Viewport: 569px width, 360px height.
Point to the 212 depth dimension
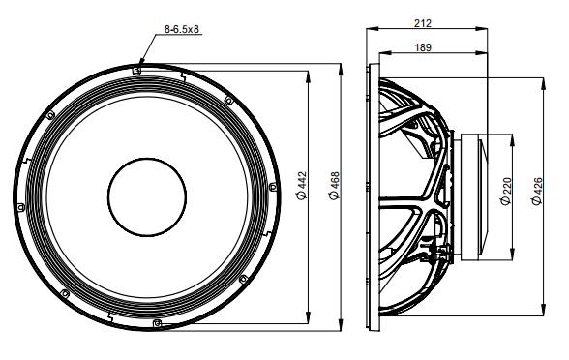click(x=422, y=22)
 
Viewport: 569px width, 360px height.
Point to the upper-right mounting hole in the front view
click(x=228, y=100)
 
